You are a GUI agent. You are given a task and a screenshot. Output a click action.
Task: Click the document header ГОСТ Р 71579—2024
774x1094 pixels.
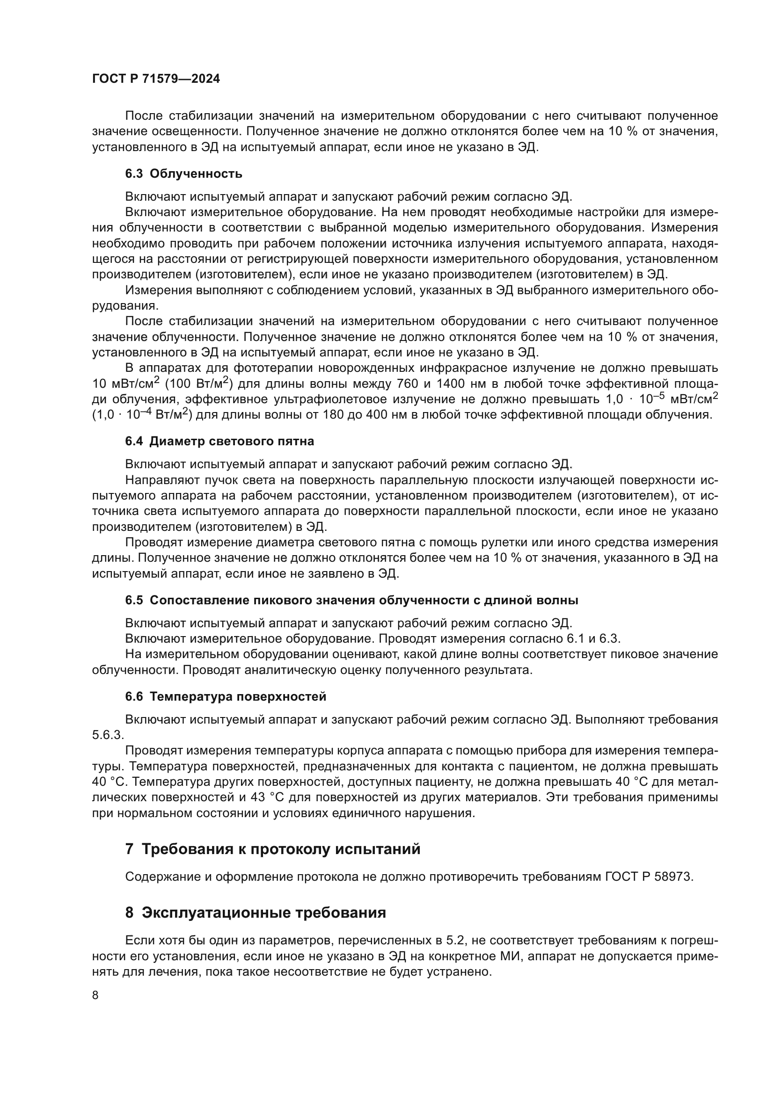click(x=156, y=79)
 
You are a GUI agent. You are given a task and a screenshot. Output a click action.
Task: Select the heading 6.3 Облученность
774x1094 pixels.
click(x=183, y=174)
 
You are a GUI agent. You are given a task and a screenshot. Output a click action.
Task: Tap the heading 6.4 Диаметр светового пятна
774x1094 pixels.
click(x=219, y=441)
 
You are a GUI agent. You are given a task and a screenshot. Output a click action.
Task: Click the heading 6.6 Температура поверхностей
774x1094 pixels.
click(x=226, y=696)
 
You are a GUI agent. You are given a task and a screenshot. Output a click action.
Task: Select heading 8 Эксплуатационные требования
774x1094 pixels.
click(x=256, y=913)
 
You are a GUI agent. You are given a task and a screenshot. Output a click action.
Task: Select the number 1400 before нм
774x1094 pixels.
click(x=453, y=384)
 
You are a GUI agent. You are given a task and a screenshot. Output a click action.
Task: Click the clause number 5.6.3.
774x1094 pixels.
click(x=107, y=735)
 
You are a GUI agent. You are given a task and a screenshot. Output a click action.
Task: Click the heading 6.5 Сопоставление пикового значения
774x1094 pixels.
click(x=351, y=601)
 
